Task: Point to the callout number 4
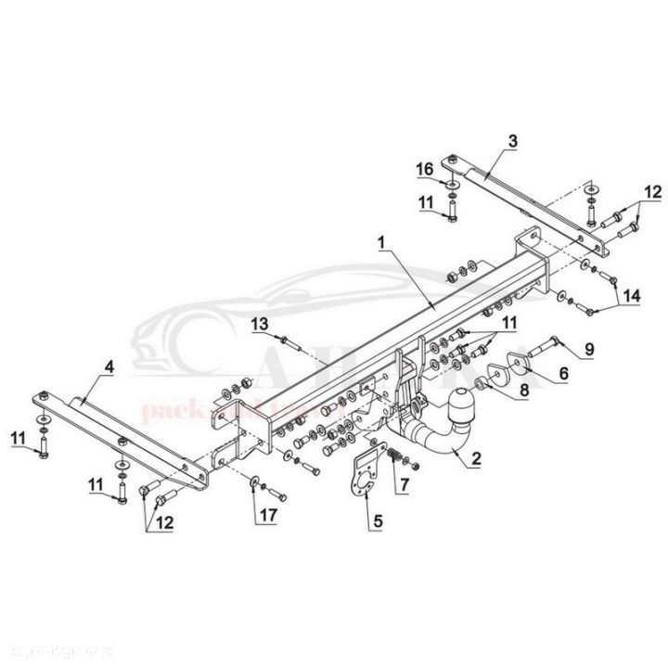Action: click(x=109, y=367)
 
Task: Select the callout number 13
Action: click(x=259, y=322)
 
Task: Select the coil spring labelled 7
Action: click(x=393, y=456)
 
